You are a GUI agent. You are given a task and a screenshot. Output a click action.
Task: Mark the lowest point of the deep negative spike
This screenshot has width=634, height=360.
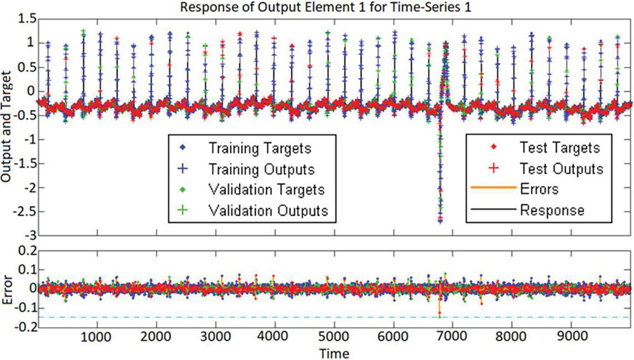(x=440, y=222)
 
